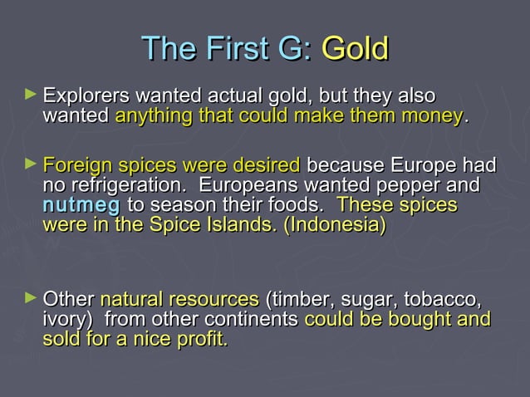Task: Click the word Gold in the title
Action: tap(355, 48)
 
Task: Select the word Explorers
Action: tap(83, 96)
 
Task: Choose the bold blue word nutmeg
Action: tap(81, 204)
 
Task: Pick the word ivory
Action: tap(63, 319)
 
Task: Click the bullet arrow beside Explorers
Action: tap(32, 96)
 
